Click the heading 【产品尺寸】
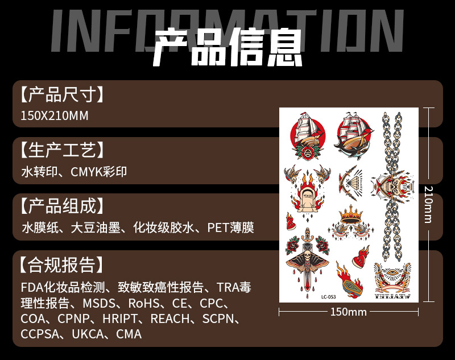point(63,94)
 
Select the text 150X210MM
point(55,116)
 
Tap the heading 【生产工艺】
point(63,150)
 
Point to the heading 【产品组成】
point(63,206)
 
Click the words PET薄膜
point(230,228)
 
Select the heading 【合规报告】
point(63,264)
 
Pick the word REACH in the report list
point(169,319)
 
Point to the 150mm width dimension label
point(349,312)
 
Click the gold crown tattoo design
point(351,215)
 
